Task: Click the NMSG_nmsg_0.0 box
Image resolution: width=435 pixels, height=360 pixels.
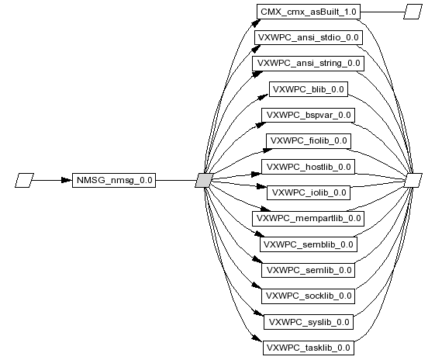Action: (114, 181)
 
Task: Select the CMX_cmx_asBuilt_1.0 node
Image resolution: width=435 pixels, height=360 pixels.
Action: (309, 12)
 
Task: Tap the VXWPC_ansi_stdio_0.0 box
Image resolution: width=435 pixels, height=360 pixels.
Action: (309, 37)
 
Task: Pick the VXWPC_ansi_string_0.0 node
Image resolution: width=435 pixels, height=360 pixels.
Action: (309, 64)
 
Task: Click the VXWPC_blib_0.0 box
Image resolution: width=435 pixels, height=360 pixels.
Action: (309, 89)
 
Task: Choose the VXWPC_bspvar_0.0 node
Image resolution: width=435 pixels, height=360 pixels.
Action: (309, 115)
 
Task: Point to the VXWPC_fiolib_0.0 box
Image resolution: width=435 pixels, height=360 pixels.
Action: (309, 141)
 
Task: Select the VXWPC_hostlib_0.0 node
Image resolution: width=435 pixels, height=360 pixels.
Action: (309, 167)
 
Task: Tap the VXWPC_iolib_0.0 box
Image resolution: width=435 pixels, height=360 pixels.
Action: (309, 192)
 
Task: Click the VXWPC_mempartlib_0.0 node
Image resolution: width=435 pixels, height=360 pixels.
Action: (309, 219)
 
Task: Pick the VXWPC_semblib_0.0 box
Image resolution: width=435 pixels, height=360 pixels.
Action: (309, 244)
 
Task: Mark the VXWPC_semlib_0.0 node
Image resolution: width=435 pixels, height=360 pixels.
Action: (309, 270)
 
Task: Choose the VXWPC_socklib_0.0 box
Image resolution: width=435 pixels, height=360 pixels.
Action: (309, 296)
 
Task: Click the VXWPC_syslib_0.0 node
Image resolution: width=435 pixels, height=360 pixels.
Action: (309, 322)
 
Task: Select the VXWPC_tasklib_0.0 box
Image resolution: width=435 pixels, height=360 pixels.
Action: (309, 348)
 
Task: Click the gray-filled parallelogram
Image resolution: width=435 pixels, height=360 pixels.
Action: (205, 181)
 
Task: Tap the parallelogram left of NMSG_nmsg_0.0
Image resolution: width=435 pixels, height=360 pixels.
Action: (24, 181)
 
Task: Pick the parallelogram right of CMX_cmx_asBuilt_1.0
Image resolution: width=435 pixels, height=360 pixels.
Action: (413, 12)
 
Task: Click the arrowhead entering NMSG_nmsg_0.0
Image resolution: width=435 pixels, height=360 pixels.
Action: (67, 181)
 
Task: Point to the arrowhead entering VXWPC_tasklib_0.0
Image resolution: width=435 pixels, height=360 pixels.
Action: (257, 338)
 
